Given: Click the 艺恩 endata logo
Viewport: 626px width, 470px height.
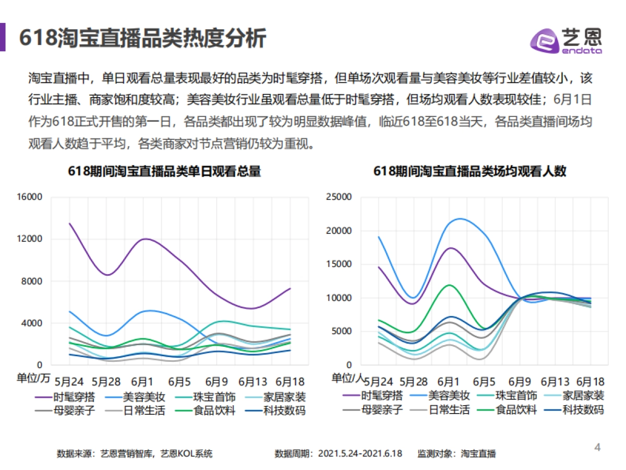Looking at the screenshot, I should pos(566,40).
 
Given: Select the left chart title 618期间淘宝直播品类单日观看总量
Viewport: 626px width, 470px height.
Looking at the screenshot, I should pos(164,171).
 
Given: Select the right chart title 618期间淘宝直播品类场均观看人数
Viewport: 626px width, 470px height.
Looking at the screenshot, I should pos(469,171).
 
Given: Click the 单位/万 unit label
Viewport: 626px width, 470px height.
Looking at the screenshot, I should pos(34,378).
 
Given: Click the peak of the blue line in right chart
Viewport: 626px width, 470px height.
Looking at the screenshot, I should pos(460,219).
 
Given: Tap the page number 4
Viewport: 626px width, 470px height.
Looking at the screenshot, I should pos(598,447).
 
